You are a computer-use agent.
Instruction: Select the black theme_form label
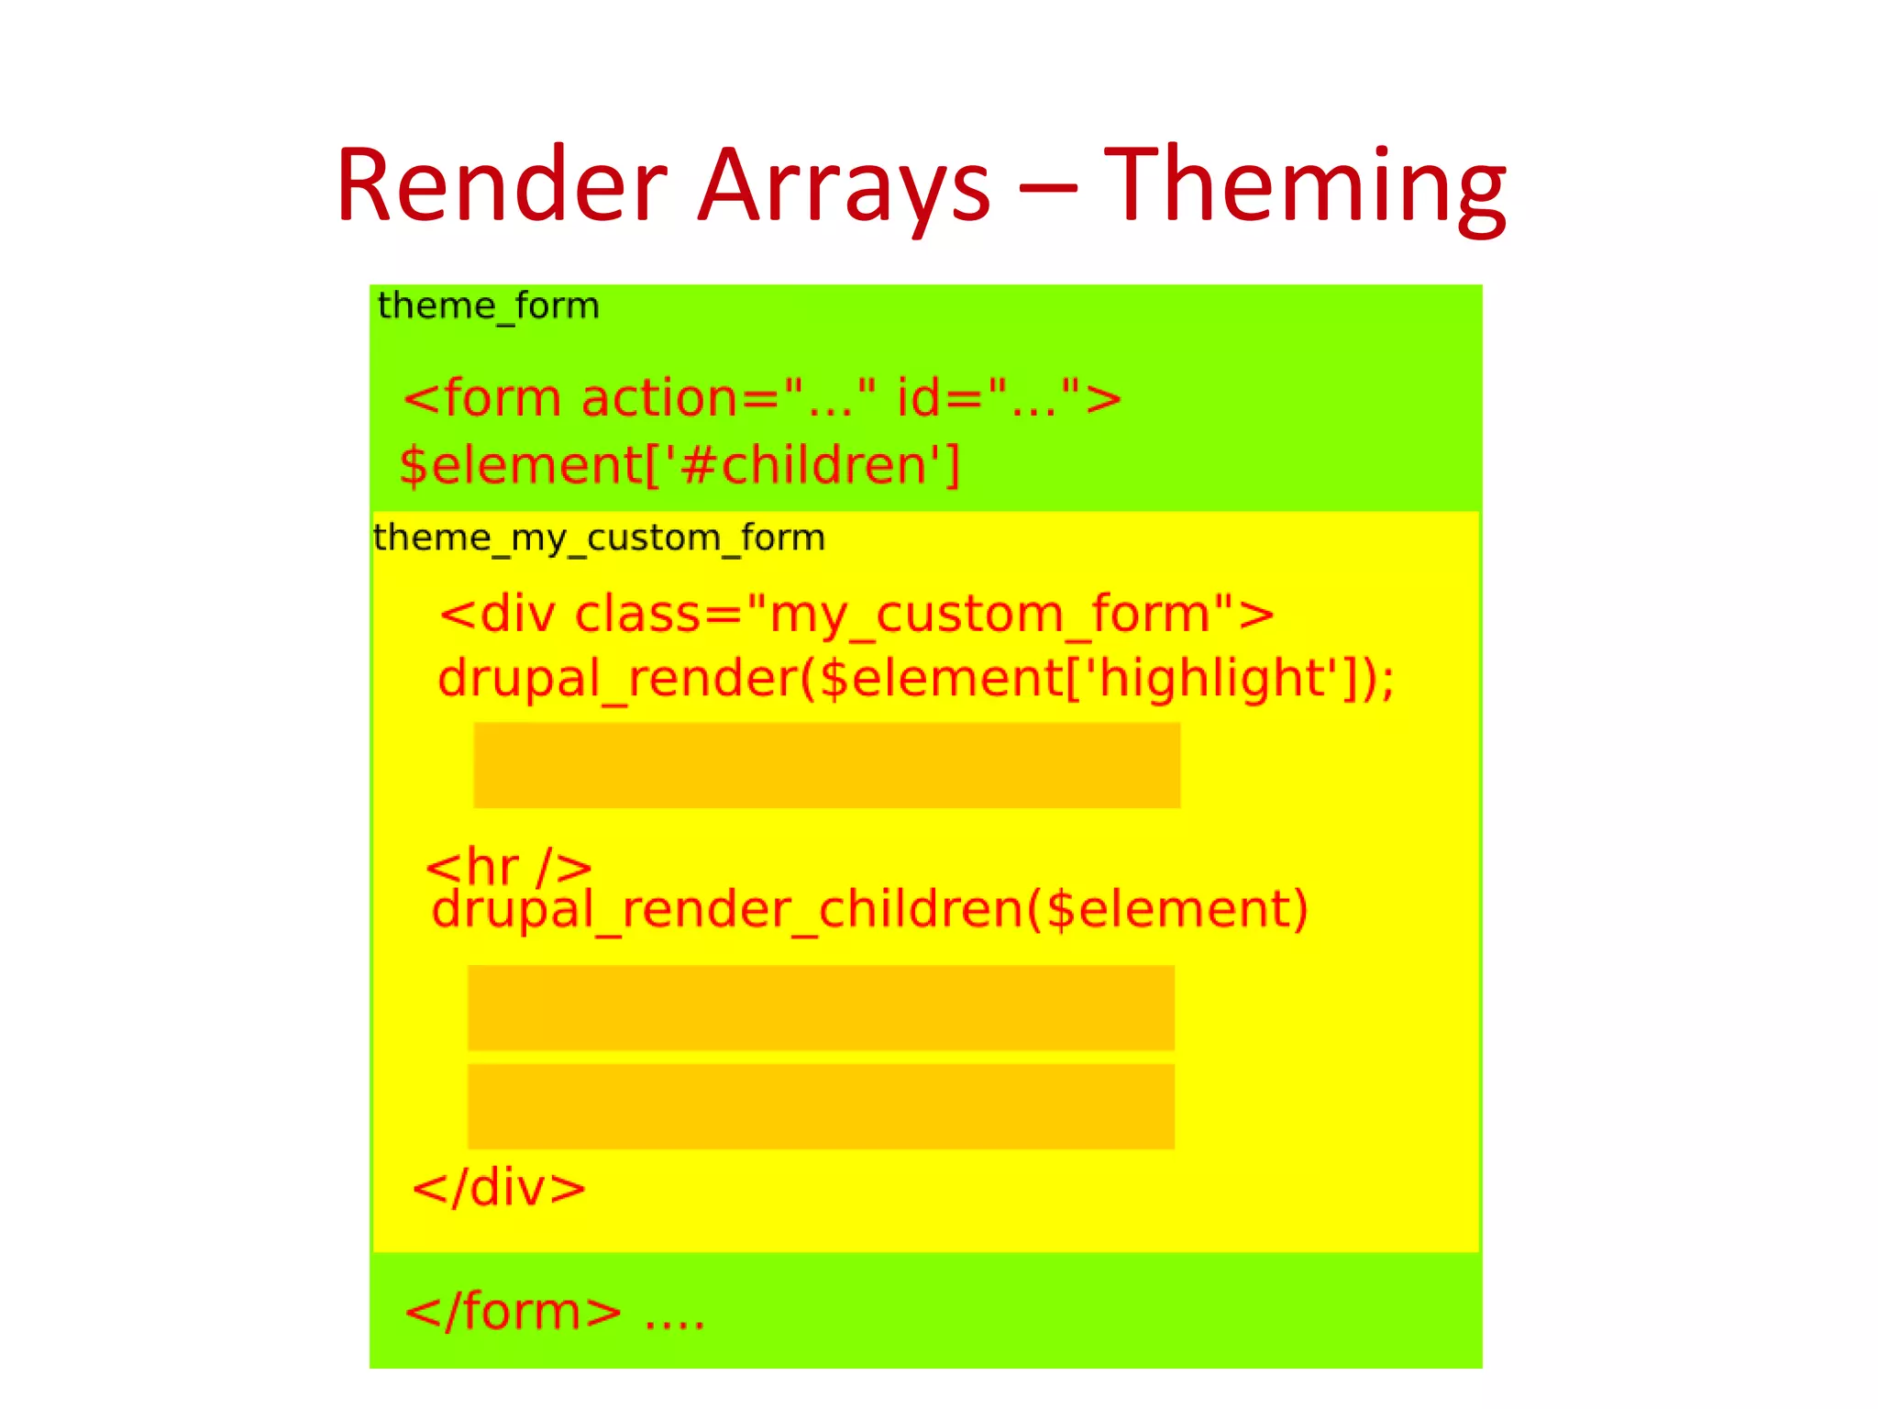tap(488, 305)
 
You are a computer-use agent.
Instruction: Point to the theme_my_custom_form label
tap(599, 538)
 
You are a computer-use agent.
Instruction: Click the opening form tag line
tap(762, 398)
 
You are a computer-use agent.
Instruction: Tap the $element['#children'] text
tap(679, 465)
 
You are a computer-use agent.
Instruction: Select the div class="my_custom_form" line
tap(856, 614)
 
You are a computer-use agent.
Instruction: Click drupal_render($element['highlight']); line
tap(916, 679)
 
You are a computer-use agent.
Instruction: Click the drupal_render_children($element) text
tap(869, 910)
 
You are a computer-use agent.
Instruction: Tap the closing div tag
tap(499, 1188)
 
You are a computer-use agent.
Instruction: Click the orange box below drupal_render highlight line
tap(826, 765)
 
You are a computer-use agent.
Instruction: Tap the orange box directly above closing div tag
tap(821, 1106)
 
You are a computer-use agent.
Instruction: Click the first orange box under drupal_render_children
tap(821, 1007)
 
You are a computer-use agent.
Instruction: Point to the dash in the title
tap(1046, 187)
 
